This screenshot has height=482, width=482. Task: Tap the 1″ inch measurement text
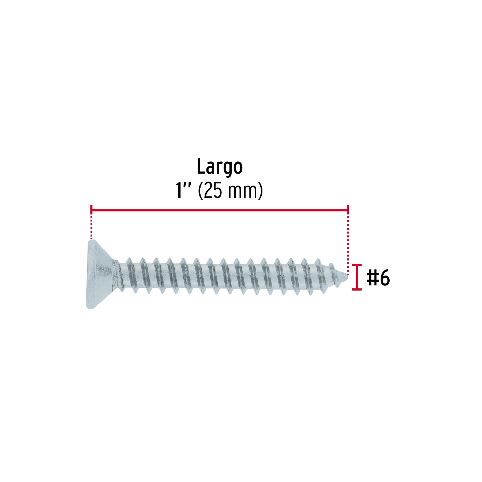[183, 190]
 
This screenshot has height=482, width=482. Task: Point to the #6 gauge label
[378, 278]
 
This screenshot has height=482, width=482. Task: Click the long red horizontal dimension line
[220, 210]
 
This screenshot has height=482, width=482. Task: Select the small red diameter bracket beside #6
[357, 277]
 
